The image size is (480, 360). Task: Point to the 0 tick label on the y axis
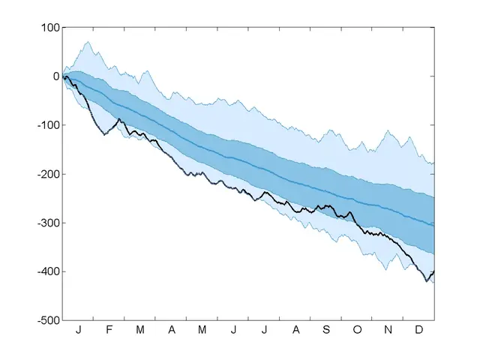click(x=54, y=76)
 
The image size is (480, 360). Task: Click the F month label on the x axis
click(x=109, y=330)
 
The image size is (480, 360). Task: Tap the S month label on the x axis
click(x=325, y=330)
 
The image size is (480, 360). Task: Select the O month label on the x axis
click(x=357, y=330)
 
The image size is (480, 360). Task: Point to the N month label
click(x=388, y=330)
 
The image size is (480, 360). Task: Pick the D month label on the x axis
click(x=419, y=330)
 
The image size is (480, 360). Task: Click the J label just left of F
click(x=78, y=330)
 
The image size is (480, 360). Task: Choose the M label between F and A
click(x=139, y=330)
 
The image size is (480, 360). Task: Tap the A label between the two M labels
click(x=171, y=330)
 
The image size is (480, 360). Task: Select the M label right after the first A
click(x=202, y=330)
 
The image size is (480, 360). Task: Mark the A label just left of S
click(x=295, y=330)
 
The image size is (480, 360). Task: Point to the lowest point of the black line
click(x=427, y=281)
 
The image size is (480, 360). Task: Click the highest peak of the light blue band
click(x=88, y=41)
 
